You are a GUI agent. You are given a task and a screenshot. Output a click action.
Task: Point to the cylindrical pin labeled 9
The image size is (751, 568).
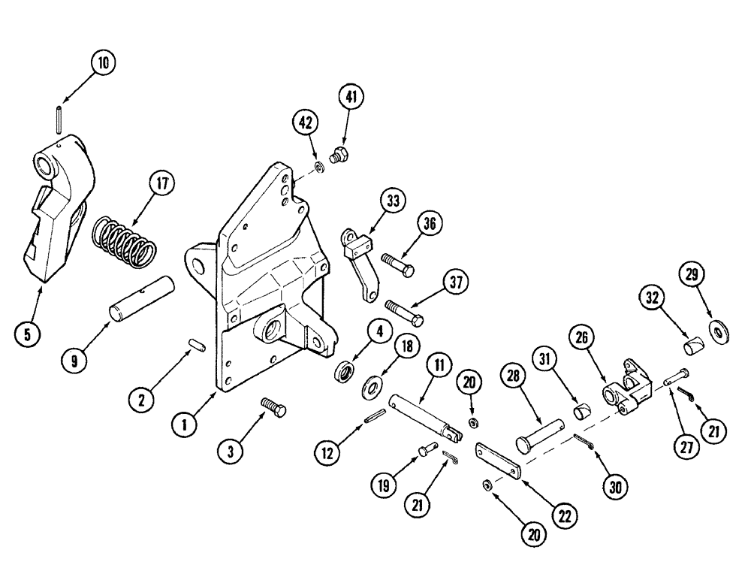[x=143, y=300]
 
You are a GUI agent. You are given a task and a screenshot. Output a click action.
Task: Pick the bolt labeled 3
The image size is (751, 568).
[x=273, y=407]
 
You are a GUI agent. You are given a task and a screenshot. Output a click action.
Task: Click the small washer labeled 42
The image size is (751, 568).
[x=320, y=165]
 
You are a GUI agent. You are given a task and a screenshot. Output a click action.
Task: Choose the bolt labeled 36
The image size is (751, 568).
[x=398, y=263]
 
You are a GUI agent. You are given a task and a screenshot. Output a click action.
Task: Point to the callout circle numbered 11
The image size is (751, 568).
[x=438, y=367]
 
